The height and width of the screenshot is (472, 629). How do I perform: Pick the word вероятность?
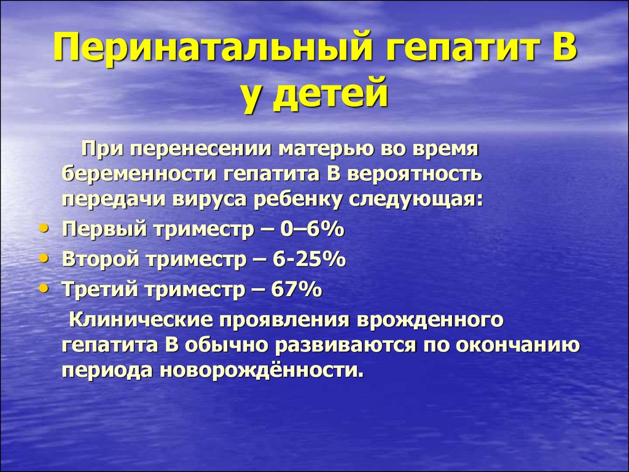click(x=415, y=175)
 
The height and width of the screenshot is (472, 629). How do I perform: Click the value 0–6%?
click(x=312, y=230)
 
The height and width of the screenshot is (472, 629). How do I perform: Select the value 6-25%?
click(x=309, y=259)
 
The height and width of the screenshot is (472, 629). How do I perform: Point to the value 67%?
click(x=297, y=289)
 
